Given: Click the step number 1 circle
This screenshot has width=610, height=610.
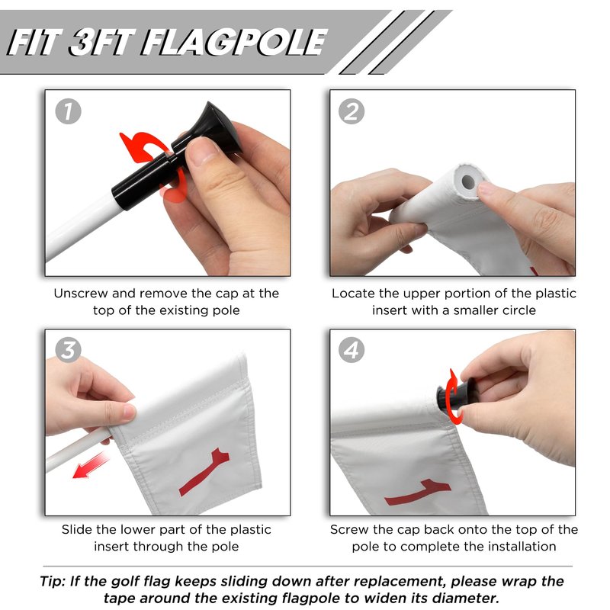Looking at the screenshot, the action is pyautogui.click(x=68, y=112).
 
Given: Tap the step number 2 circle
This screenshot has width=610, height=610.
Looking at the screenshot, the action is pyautogui.click(x=352, y=112).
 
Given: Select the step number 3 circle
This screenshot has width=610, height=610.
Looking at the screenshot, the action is pyautogui.click(x=68, y=350).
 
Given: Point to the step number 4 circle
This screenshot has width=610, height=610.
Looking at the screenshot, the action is pyautogui.click(x=352, y=350).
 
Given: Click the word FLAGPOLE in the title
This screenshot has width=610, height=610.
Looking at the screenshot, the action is pyautogui.click(x=233, y=43).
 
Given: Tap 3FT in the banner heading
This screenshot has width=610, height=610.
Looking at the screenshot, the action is pyautogui.click(x=102, y=43).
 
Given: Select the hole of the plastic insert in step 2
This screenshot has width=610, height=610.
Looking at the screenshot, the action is pyautogui.click(x=468, y=181).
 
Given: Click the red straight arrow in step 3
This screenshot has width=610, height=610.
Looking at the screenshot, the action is pyautogui.click(x=90, y=465).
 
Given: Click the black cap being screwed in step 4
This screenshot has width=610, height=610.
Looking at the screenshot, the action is pyautogui.click(x=453, y=394).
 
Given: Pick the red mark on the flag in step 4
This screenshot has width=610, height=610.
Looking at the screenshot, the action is pyautogui.click(x=417, y=492).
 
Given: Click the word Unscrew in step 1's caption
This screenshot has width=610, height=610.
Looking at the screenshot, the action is pyautogui.click(x=81, y=294).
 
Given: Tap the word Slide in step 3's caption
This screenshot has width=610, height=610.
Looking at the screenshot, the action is pyautogui.click(x=77, y=529).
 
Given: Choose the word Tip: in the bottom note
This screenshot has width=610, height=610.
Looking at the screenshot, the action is pyautogui.click(x=53, y=582).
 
